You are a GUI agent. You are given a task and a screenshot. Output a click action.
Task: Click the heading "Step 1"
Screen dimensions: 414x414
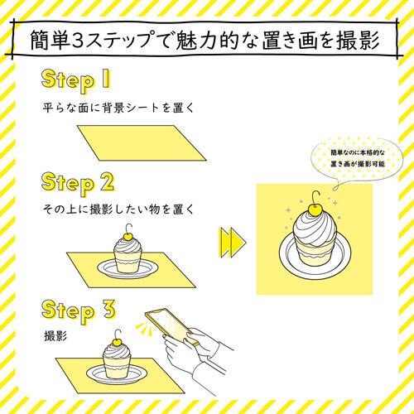76,80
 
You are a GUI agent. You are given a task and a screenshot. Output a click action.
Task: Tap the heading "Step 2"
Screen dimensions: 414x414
78,184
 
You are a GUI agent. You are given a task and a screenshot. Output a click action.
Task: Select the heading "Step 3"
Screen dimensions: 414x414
79,310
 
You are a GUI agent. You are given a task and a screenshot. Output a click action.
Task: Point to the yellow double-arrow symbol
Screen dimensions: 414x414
233,243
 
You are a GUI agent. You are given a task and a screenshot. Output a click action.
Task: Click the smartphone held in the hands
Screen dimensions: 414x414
171,326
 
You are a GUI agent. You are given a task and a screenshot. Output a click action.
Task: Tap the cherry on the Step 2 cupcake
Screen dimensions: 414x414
128,236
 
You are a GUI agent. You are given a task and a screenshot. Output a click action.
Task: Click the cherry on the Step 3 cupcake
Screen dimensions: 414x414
118,342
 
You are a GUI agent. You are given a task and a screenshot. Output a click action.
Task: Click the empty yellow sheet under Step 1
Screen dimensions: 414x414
142,143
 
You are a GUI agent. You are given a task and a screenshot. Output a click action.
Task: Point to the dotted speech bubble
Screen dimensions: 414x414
357,158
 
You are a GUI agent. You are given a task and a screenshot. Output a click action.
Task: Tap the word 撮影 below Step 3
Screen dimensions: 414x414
55,336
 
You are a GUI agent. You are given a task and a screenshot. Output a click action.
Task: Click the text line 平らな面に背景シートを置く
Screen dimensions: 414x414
118,108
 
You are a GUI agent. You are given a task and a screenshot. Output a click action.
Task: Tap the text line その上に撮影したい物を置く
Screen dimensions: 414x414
118,209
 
